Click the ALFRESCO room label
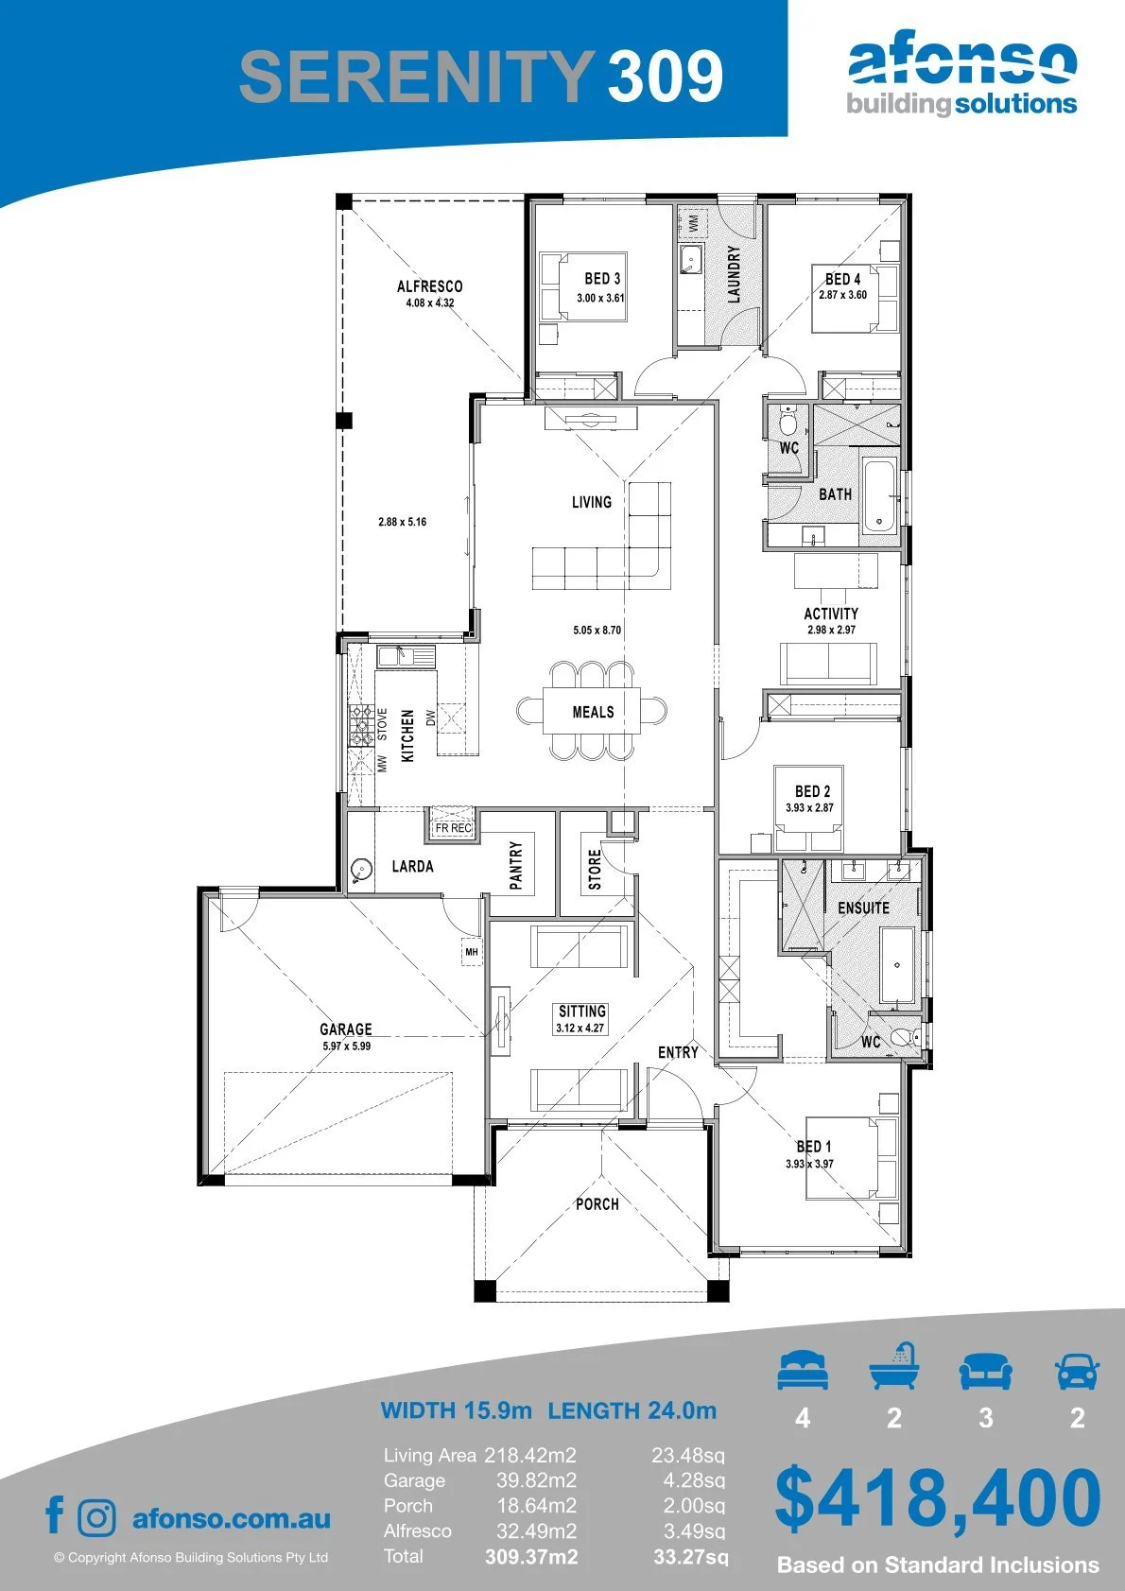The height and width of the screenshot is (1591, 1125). (430, 286)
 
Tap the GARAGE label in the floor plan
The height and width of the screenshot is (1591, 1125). (346, 1029)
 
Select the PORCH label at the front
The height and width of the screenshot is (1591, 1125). (597, 1204)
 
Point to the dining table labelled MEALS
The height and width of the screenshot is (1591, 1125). (592, 711)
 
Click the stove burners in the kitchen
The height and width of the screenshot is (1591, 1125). (360, 725)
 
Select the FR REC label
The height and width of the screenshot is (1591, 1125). (453, 828)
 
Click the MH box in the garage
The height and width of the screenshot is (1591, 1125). (472, 952)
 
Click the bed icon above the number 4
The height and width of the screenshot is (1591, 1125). (803, 1370)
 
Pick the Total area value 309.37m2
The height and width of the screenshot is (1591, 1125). (531, 1557)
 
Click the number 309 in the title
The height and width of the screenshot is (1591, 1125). (666, 76)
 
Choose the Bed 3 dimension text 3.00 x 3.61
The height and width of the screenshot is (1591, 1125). (600, 298)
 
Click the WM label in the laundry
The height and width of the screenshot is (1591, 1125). (694, 223)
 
